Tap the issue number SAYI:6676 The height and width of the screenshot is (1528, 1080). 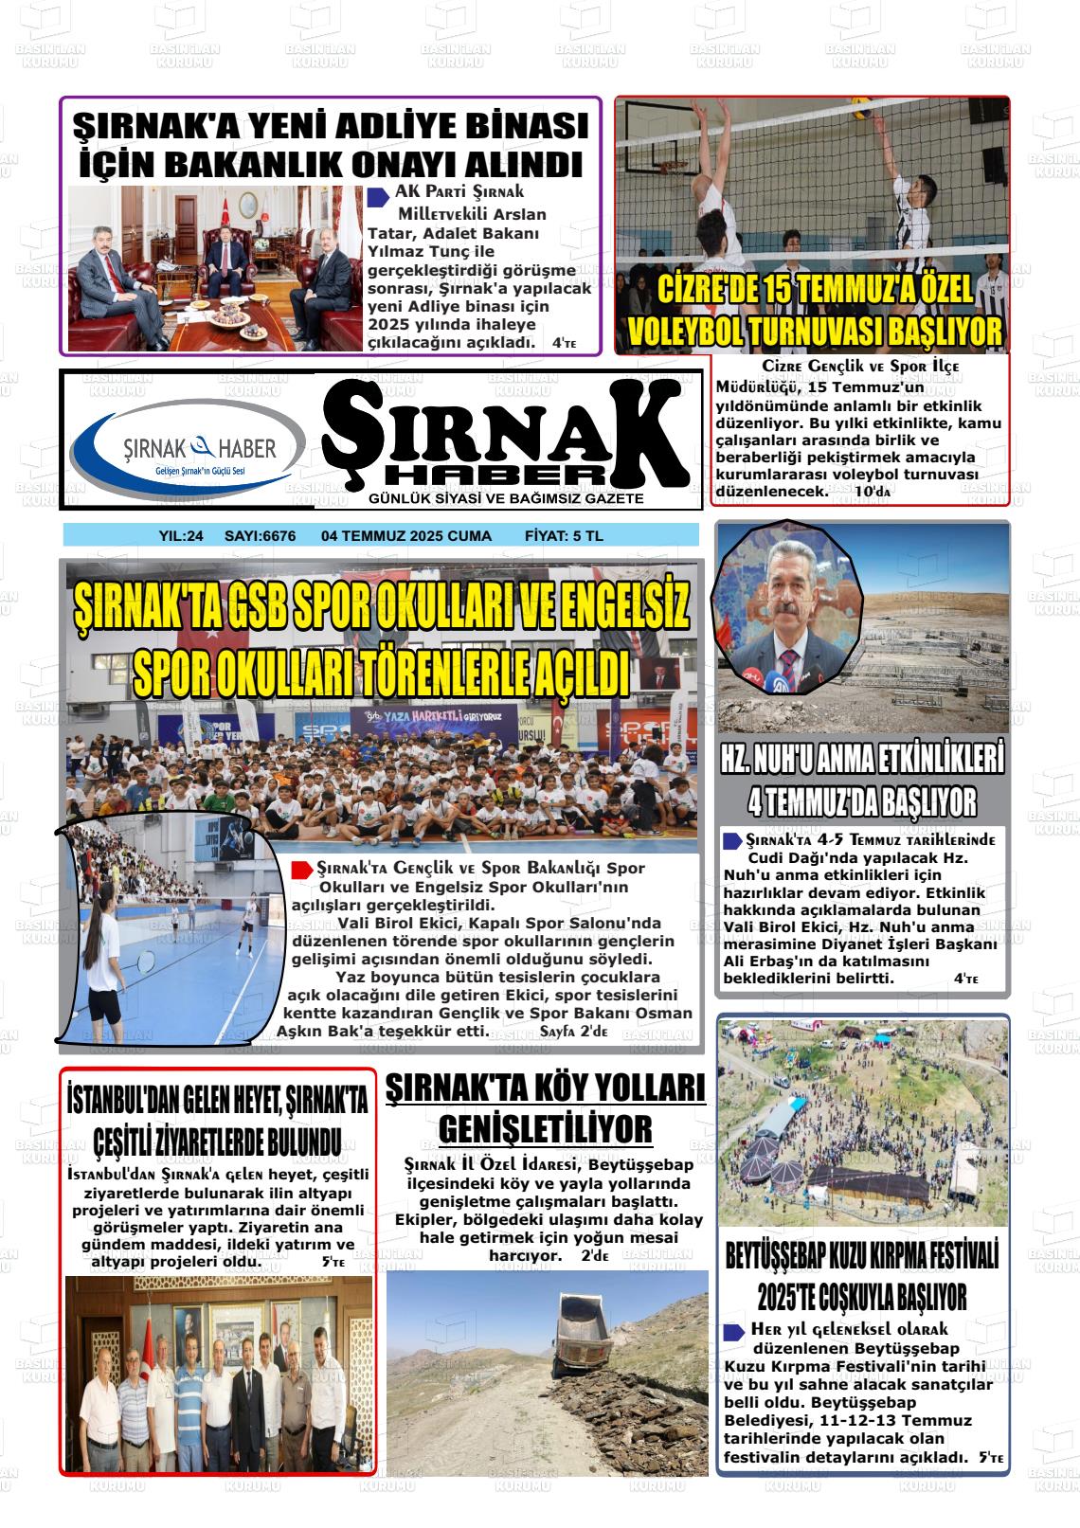click(x=260, y=536)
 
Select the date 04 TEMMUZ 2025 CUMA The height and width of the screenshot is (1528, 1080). click(x=406, y=536)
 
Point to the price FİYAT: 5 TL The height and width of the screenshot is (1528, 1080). click(x=564, y=536)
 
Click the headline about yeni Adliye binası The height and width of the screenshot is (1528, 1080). click(x=331, y=145)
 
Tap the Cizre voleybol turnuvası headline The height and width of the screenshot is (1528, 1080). click(x=814, y=311)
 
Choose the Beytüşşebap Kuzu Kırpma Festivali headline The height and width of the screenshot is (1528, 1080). click(x=862, y=1276)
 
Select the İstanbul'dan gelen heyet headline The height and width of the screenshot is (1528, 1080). click(x=217, y=1120)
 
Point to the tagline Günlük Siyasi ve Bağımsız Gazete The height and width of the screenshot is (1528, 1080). click(x=506, y=498)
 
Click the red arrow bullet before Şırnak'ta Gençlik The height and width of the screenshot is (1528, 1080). click(x=302, y=869)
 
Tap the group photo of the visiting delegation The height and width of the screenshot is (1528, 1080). click(x=216, y=1360)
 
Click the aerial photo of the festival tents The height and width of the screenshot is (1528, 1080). click(x=862, y=1124)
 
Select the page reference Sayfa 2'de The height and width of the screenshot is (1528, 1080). click(x=573, y=1031)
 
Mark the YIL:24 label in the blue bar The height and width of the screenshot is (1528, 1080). click(x=181, y=536)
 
